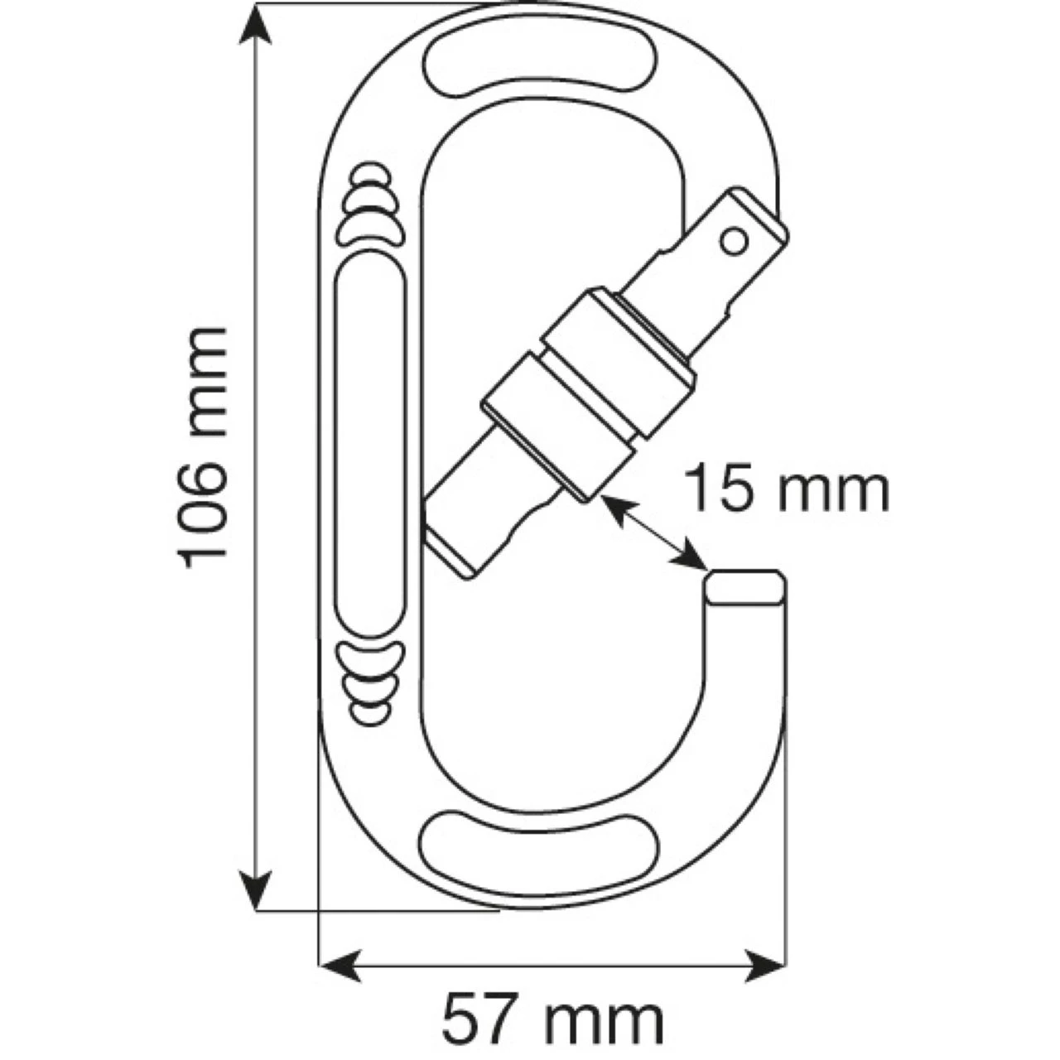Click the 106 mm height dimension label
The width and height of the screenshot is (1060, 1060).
(x=201, y=448)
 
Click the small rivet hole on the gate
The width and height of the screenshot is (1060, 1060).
(x=732, y=241)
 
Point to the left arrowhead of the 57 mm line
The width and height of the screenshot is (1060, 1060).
(x=340, y=966)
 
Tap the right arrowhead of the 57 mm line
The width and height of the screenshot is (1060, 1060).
(x=765, y=966)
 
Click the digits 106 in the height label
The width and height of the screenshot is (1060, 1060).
(x=201, y=513)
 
